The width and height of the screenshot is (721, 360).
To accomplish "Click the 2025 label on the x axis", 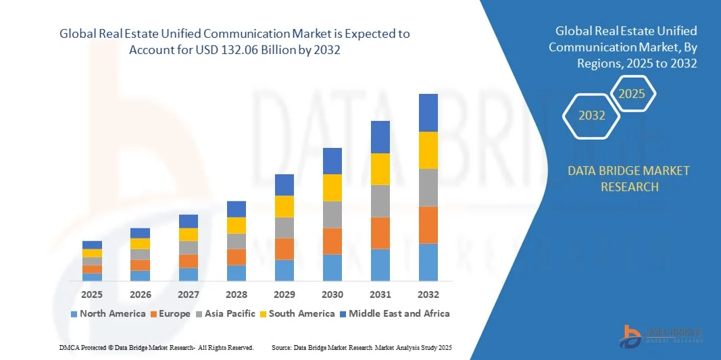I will (92, 294).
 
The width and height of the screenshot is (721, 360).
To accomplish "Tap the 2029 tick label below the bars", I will (284, 294).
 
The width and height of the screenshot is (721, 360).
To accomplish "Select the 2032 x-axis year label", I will (428, 294).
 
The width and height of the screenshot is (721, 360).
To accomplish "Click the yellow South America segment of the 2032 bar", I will (428, 150).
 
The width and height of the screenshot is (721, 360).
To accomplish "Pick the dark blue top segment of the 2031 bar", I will (380, 137).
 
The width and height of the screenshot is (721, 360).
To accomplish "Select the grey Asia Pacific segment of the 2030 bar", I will (332, 214).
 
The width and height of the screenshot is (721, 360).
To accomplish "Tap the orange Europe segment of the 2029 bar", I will (284, 249).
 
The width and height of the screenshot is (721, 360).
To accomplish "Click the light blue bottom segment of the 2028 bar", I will (237, 273).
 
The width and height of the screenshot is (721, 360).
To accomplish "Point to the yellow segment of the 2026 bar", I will (140, 244).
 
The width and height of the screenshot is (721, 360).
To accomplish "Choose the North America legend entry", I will (108, 313).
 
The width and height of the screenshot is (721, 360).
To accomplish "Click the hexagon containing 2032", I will (592, 115).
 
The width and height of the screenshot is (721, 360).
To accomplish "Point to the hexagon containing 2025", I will (632, 94).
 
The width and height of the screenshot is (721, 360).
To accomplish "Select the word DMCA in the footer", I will (68, 347).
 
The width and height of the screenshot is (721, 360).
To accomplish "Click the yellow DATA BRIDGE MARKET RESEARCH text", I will (628, 178).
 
